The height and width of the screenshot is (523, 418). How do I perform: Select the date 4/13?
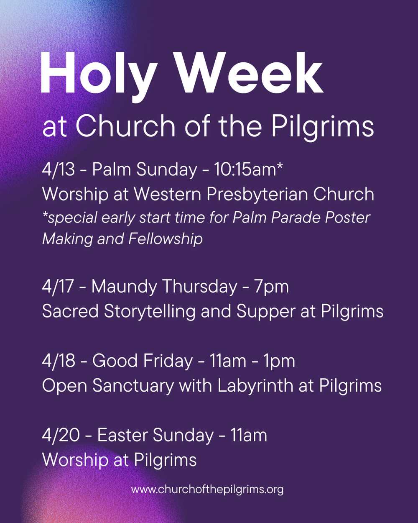(x=59, y=169)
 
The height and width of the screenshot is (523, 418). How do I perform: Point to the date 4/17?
(x=58, y=287)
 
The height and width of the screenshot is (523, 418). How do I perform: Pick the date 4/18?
(x=59, y=361)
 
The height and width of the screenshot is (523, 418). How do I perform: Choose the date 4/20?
(x=61, y=436)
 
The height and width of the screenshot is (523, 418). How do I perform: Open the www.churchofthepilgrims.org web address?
(x=207, y=490)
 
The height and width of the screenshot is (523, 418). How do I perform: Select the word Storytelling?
(x=150, y=312)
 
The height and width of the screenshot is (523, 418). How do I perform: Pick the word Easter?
(x=122, y=436)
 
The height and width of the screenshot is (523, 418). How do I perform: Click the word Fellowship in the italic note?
(x=166, y=239)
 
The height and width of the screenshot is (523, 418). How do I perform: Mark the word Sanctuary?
(x=133, y=386)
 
